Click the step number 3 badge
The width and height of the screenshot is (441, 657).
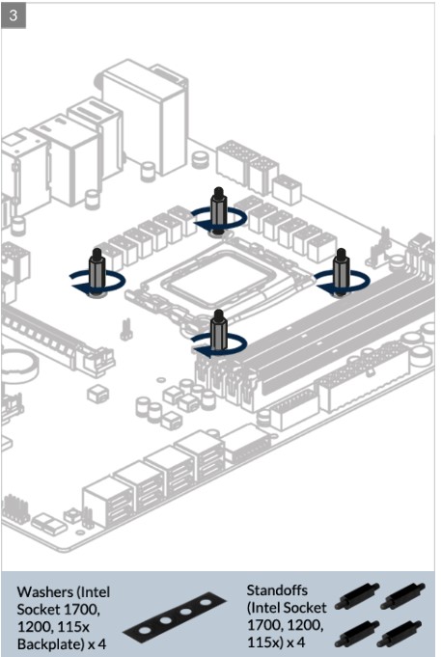(x=14, y=15)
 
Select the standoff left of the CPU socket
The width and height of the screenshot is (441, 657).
(x=97, y=272)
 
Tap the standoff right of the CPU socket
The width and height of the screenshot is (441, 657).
(x=342, y=271)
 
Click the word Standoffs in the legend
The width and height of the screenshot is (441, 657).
(x=277, y=590)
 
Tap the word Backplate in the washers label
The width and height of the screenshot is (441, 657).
(x=50, y=644)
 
